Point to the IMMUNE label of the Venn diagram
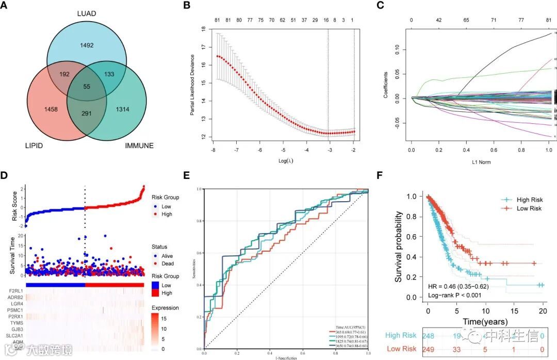(x=139, y=146)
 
